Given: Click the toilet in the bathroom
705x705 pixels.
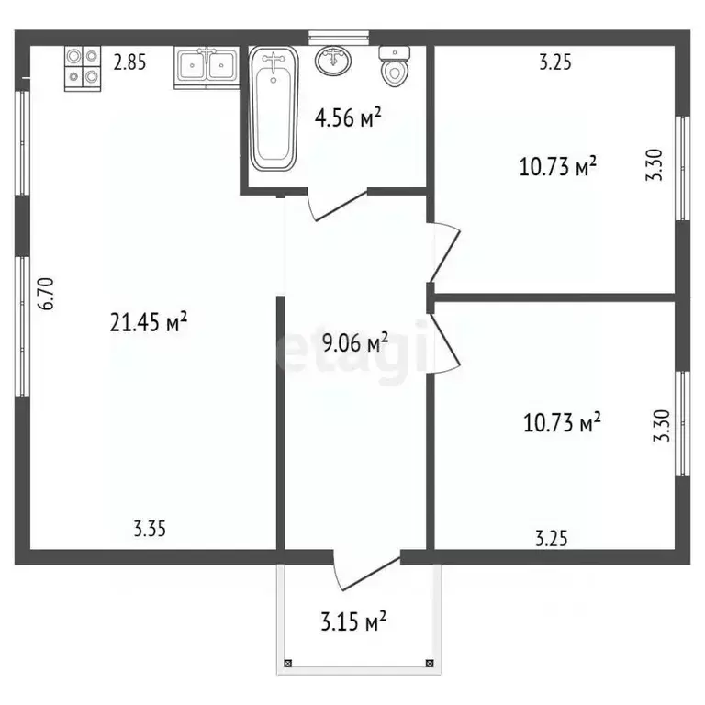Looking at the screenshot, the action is [x=395, y=66].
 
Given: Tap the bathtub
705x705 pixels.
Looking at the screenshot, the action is [x=274, y=108].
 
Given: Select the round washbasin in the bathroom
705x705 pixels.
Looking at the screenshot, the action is [x=333, y=62].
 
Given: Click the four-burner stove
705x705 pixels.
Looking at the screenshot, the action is [x=83, y=68].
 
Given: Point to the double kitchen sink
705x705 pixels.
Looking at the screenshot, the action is [x=207, y=67].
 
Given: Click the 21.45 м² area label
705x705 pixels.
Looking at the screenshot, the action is [x=149, y=322].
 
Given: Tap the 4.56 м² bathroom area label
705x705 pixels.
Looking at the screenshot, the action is [x=348, y=117].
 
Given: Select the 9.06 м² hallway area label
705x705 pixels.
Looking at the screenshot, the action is [x=355, y=342].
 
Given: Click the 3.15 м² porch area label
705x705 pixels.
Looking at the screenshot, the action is [x=353, y=621].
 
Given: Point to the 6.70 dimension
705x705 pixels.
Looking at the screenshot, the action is [x=46, y=294].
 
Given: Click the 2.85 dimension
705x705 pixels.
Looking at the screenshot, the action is [x=130, y=62].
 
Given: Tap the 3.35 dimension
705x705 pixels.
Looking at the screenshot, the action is [x=150, y=529].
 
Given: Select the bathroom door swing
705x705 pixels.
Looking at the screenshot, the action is [x=337, y=205].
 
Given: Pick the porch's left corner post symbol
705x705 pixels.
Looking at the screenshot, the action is [x=287, y=663].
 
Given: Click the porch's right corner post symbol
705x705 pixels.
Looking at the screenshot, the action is [x=430, y=663].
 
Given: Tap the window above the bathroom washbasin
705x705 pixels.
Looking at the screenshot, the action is [x=339, y=38].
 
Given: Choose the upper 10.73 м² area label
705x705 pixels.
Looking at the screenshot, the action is [x=558, y=166].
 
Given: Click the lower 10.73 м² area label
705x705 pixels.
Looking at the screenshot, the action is [x=562, y=422].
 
